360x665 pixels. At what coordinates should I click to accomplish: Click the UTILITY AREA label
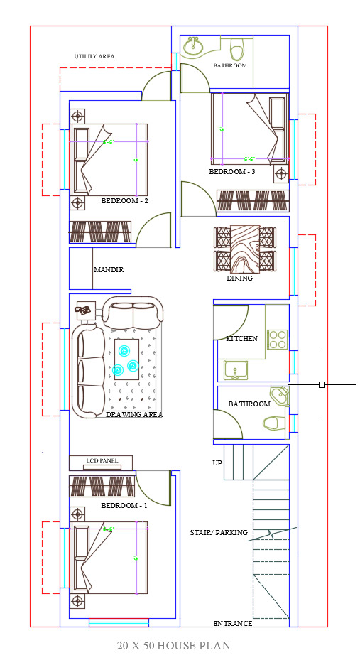(x=94, y=56)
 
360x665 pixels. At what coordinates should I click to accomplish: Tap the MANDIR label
(x=109, y=270)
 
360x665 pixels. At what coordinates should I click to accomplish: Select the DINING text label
(x=239, y=279)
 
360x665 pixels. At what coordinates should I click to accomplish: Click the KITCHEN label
(x=241, y=338)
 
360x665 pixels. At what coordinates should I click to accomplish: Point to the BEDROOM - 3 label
(x=232, y=172)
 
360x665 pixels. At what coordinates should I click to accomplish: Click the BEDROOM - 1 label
(x=125, y=506)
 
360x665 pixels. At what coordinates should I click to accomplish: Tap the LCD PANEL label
(x=102, y=460)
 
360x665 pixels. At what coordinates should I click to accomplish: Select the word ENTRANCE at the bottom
(x=233, y=624)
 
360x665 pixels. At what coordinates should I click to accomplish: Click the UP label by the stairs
(x=217, y=463)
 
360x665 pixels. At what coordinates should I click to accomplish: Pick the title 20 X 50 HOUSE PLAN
(x=174, y=646)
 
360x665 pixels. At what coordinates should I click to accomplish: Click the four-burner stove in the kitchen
(x=278, y=340)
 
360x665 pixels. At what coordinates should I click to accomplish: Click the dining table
(x=245, y=249)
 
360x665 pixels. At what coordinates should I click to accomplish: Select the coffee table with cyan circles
(x=126, y=359)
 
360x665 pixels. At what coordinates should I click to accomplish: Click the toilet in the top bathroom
(x=237, y=48)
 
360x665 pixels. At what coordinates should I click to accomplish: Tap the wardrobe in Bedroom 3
(x=253, y=200)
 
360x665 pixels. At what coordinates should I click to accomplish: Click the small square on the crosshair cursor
(x=322, y=384)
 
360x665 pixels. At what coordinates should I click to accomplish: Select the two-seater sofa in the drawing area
(x=133, y=312)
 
